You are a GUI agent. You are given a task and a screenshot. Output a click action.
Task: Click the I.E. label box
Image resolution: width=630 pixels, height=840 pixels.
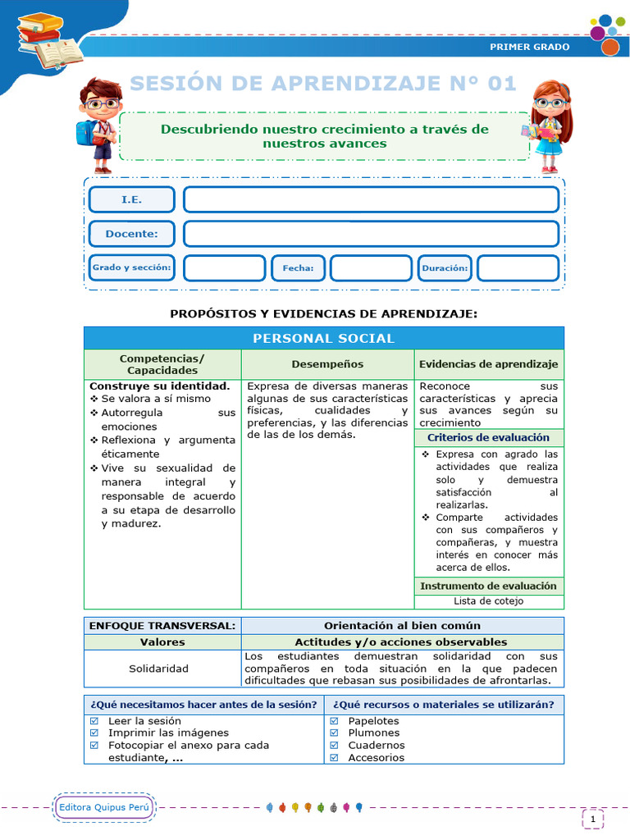(131, 199)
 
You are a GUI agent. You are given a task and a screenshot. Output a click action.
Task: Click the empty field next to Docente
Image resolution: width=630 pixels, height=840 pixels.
(371, 234)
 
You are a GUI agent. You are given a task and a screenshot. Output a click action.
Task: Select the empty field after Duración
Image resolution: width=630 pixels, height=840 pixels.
(518, 268)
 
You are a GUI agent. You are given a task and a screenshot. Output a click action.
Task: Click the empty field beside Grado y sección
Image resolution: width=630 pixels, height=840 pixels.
(224, 268)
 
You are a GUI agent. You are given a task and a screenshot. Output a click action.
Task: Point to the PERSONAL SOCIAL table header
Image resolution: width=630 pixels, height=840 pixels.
(323, 338)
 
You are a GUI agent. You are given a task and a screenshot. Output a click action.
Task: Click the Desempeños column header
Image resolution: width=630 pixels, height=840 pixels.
(327, 364)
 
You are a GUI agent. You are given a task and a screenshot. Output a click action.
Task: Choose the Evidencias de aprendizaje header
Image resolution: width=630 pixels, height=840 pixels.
(488, 364)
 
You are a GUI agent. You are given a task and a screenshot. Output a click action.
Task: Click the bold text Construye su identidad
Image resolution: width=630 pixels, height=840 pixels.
(159, 386)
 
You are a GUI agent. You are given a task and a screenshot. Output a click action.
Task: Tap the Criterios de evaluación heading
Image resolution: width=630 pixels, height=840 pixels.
(488, 438)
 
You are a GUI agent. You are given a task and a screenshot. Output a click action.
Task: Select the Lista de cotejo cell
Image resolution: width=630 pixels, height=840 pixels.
(488, 601)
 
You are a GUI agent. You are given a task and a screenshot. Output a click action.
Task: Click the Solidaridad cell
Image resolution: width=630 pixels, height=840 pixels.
(158, 669)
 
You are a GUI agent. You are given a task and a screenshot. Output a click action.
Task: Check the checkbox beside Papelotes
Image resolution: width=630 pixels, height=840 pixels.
(334, 722)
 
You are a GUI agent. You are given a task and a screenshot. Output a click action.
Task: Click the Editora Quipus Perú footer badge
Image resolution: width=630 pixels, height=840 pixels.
(104, 808)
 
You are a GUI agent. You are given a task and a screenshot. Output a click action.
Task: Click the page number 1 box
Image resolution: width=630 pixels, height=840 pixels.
(592, 819)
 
